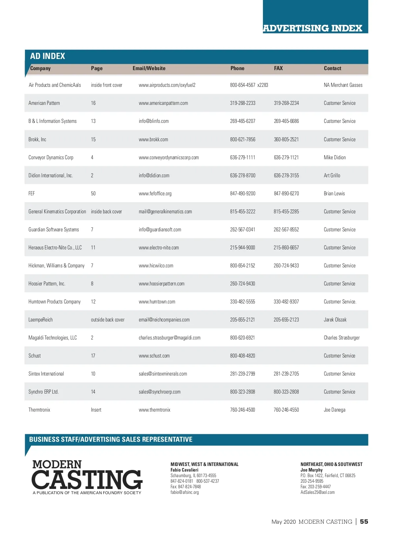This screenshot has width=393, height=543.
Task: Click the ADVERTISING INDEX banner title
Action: click(312, 28)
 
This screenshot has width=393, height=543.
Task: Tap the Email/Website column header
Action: click(149, 68)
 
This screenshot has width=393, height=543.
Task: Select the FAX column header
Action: click(278, 68)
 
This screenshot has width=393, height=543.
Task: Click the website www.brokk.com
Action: click(153, 139)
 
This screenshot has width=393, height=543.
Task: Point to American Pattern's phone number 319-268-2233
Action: click(243, 103)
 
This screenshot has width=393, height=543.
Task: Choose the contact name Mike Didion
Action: click(335, 157)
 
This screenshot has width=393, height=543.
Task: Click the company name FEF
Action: click(31, 193)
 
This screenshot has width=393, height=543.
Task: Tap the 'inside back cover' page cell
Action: click(106, 211)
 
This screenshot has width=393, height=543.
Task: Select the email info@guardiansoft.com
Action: click(160, 229)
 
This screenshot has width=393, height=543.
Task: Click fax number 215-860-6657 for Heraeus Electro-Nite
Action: click(286, 247)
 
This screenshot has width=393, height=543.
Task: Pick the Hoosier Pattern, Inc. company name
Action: click(47, 283)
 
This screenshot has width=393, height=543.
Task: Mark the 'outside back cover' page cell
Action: click(108, 320)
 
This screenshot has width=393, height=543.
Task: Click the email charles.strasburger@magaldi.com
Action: click(170, 338)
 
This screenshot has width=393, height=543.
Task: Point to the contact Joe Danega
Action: click(334, 410)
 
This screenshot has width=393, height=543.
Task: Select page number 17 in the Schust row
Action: click(93, 356)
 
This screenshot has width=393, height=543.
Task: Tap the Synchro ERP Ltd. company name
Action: click(44, 392)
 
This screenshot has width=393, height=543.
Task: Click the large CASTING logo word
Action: click(87, 480)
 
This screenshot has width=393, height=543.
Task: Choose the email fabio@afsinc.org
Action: click(185, 492)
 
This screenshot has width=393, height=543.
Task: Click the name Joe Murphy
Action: click(311, 470)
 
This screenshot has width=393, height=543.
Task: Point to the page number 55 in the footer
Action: click(364, 521)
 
